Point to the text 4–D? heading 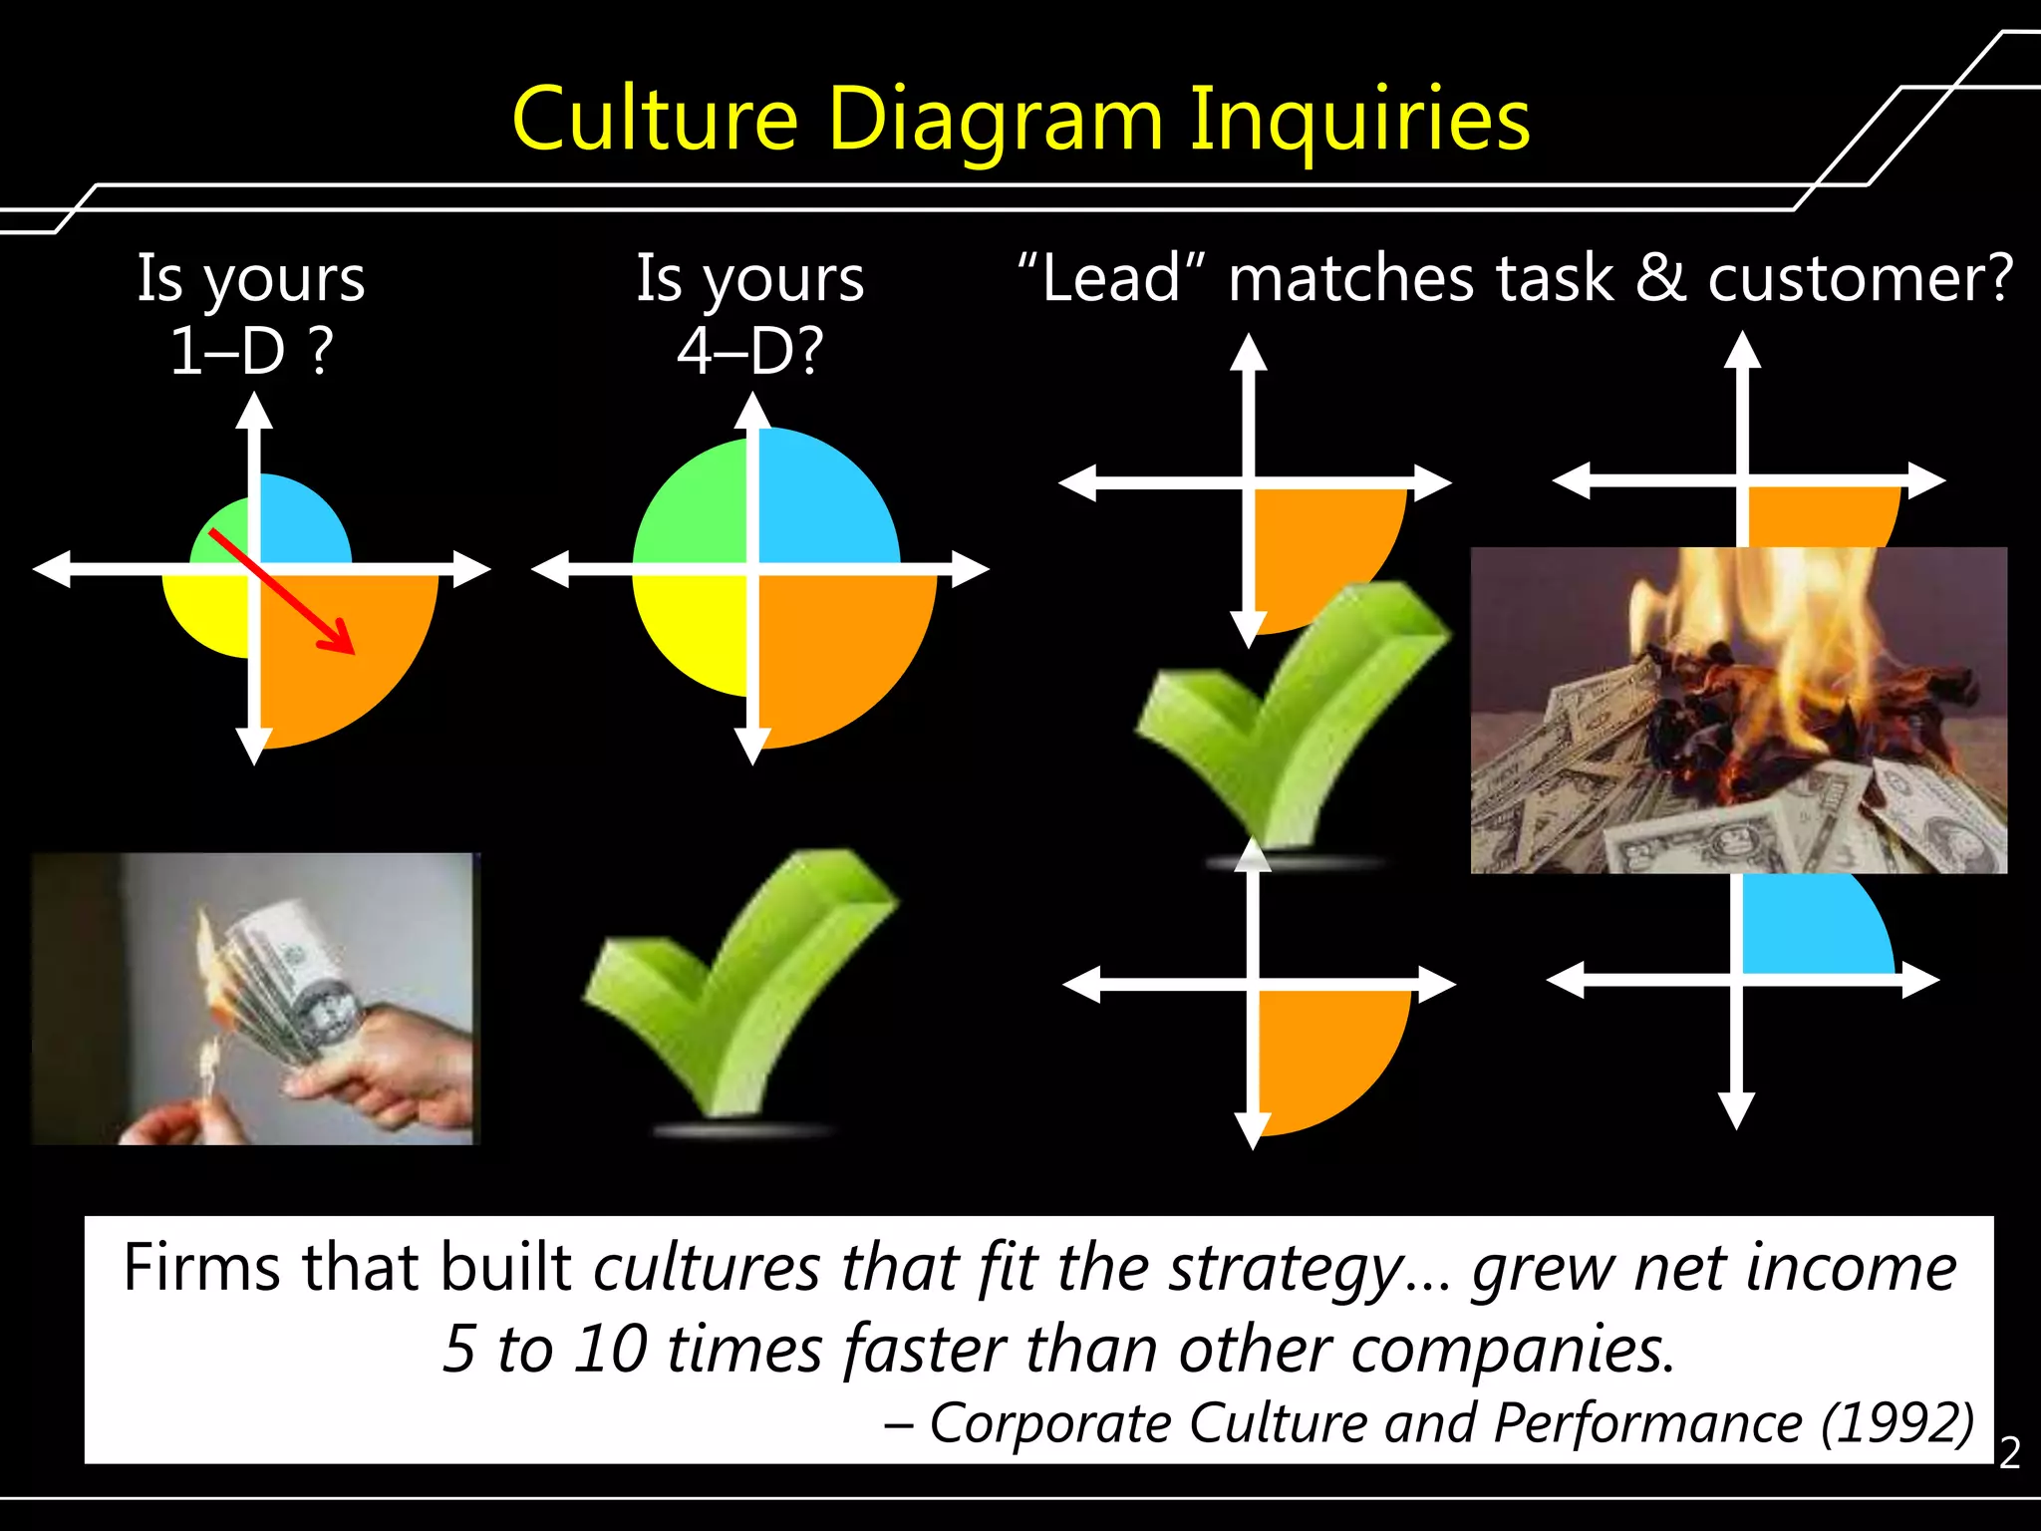750,351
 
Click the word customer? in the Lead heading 1860,278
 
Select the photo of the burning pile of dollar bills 1738,710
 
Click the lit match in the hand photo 208,1072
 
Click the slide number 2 2009,1453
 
